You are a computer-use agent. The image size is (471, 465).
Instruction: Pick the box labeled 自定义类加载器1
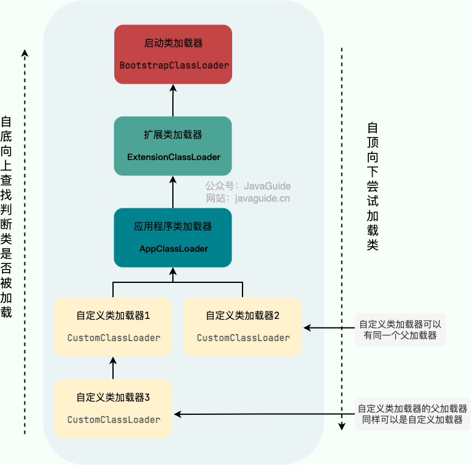[x=114, y=327]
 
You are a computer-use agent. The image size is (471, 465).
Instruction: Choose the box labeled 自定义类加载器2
[x=243, y=327]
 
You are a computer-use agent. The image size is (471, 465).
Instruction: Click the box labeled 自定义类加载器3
[x=114, y=408]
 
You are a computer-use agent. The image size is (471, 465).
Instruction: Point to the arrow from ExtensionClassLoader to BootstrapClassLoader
[x=173, y=100]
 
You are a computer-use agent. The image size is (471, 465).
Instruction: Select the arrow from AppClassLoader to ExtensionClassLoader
[x=173, y=192]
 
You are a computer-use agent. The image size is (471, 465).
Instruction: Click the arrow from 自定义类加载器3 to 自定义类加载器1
[x=114, y=368]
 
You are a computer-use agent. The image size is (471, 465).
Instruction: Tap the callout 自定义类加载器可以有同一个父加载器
[x=400, y=330]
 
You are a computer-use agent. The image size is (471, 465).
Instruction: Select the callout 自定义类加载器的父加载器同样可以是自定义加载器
[x=412, y=414]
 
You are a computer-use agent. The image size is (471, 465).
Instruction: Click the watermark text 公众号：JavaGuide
[x=247, y=186]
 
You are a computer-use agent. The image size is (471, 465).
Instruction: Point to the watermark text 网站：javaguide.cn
[x=247, y=198]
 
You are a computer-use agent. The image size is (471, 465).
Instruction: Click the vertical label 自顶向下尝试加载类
[x=373, y=186]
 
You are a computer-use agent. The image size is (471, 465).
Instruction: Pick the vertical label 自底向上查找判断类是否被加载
[x=7, y=217]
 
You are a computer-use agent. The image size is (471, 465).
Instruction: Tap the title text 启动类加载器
[x=173, y=43]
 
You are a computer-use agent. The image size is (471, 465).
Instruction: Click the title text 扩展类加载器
[x=173, y=135]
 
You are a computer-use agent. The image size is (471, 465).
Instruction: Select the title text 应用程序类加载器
[x=173, y=227]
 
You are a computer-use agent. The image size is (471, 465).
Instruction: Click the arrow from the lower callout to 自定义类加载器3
[x=263, y=415]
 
